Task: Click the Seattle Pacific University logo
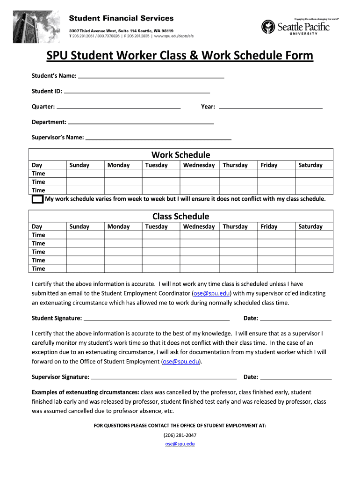coord(295,27)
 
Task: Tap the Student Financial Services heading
coord(122,18)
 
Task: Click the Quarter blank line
coord(119,108)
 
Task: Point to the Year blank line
coord(271,108)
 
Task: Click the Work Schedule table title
coord(180,155)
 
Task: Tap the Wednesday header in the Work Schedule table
coord(199,165)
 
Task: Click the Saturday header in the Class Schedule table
coord(310,227)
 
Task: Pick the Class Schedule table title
coord(180,217)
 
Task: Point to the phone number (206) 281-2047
coord(180,435)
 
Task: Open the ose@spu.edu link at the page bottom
coord(180,444)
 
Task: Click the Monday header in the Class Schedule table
coord(119,227)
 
